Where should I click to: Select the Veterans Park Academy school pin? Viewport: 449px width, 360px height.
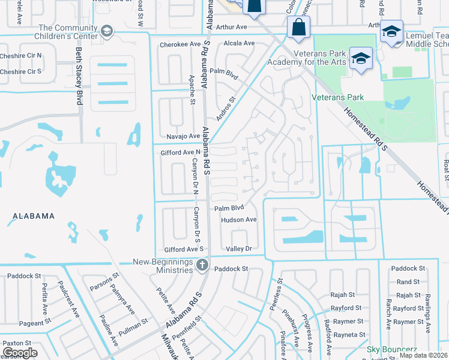click(360, 59)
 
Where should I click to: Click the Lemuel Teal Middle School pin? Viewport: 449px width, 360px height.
click(392, 32)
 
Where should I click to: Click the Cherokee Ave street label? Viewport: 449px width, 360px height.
click(179, 44)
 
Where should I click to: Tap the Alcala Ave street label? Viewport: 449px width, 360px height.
click(239, 43)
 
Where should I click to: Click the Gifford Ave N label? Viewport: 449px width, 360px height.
click(180, 153)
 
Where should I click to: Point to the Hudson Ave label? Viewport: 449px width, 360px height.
click(238, 220)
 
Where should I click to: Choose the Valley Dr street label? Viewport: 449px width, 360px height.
click(238, 248)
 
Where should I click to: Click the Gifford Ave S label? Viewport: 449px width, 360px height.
click(184, 248)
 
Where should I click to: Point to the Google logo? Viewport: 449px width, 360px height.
click(20, 353)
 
